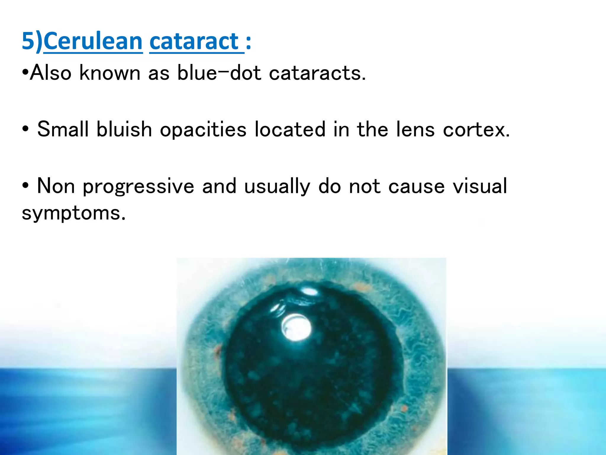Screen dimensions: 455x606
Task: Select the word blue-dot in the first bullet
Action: (x=219, y=73)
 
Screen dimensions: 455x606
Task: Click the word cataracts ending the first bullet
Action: (x=317, y=73)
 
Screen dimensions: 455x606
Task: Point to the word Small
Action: (x=63, y=129)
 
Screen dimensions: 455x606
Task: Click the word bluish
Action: (x=124, y=129)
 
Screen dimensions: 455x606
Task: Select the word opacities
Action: (x=203, y=129)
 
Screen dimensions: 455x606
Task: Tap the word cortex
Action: (x=476, y=129)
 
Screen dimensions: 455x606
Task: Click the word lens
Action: (x=415, y=129)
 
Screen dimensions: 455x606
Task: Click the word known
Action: (x=110, y=73)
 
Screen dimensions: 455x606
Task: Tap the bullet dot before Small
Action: (x=25, y=129)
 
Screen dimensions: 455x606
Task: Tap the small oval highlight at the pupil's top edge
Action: (x=309, y=291)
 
